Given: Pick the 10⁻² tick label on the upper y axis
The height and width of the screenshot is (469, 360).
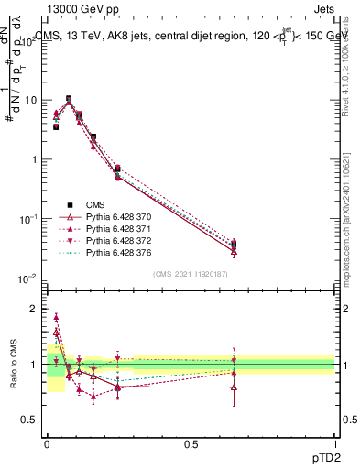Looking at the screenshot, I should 31,278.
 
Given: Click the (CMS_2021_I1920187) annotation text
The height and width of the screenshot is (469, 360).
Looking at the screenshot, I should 191,273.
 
